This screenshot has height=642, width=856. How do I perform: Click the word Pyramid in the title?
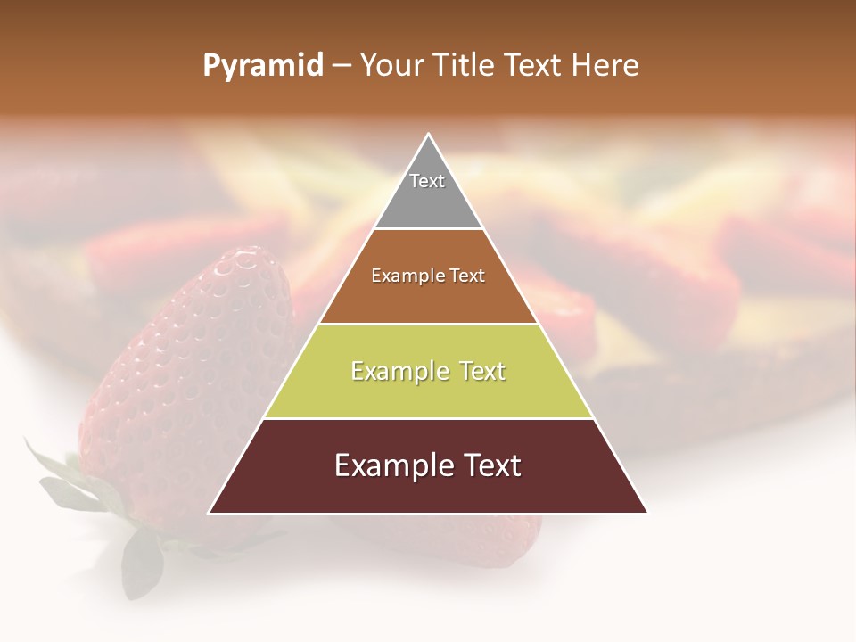point(263,66)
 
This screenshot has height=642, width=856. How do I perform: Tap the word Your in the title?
point(391,66)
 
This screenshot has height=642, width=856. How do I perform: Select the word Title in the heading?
point(463,66)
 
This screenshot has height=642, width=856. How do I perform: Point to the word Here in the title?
point(605,66)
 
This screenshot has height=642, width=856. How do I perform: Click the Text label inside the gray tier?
point(427,181)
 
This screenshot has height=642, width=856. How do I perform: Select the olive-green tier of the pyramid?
point(428,392)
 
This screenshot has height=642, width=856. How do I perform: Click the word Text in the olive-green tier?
point(478,371)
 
